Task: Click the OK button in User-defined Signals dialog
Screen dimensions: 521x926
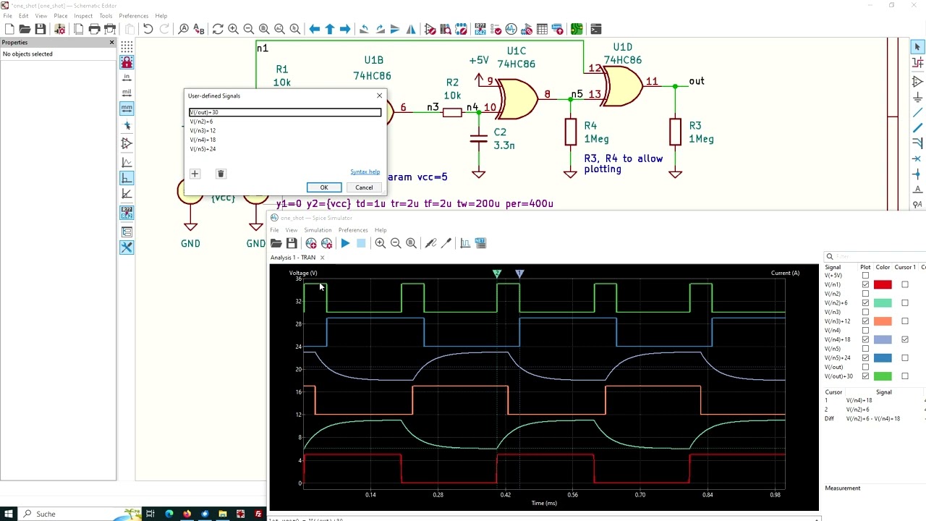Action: point(323,187)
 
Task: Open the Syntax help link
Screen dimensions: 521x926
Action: point(365,172)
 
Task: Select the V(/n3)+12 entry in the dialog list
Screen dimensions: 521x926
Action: point(203,131)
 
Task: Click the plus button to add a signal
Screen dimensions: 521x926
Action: point(194,174)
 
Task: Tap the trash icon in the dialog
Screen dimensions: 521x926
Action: point(221,174)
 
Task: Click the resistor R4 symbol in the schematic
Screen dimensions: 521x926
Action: point(570,132)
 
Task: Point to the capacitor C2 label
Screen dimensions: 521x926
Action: point(500,132)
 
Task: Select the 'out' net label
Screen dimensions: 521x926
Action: point(696,81)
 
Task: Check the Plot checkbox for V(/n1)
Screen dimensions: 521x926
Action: point(865,285)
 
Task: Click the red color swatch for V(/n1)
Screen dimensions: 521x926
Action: point(883,285)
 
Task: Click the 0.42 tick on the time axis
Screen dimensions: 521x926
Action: point(505,495)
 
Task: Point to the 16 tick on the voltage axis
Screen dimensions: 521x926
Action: point(298,391)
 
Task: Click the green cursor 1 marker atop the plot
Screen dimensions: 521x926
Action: point(496,274)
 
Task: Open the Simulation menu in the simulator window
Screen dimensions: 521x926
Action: point(317,230)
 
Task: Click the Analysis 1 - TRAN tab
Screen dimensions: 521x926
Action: point(293,258)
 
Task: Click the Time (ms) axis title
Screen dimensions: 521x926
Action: point(544,503)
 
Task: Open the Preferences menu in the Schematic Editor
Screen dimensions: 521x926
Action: point(133,16)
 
